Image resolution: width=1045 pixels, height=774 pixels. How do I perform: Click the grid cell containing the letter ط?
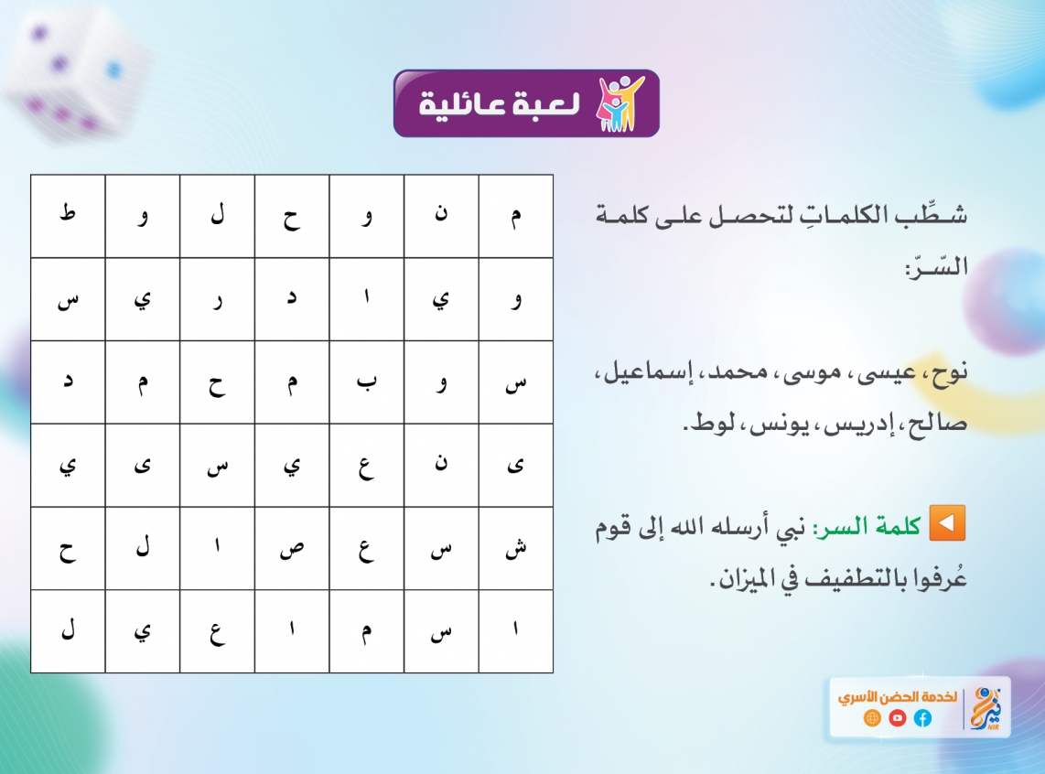pyautogui.click(x=68, y=217)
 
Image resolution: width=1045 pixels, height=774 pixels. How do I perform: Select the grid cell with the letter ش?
pyautogui.click(x=516, y=548)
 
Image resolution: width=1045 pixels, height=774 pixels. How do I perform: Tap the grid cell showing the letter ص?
pyautogui.click(x=292, y=548)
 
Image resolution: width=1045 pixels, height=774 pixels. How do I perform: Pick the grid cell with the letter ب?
pyautogui.click(x=367, y=382)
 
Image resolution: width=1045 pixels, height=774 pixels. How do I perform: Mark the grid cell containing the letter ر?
pyautogui.click(x=217, y=299)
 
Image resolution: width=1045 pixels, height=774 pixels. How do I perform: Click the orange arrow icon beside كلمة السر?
pyautogui.click(x=947, y=523)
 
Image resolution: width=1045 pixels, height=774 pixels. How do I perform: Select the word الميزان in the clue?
pyautogui.click(x=739, y=578)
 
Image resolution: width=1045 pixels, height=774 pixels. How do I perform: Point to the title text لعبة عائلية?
pyautogui.click(x=500, y=104)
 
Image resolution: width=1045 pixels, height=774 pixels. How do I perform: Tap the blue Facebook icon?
pyautogui.click(x=922, y=718)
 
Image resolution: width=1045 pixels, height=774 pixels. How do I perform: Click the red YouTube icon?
pyautogui.click(x=897, y=718)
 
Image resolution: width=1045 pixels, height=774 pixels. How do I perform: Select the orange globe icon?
pyautogui.click(x=872, y=718)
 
